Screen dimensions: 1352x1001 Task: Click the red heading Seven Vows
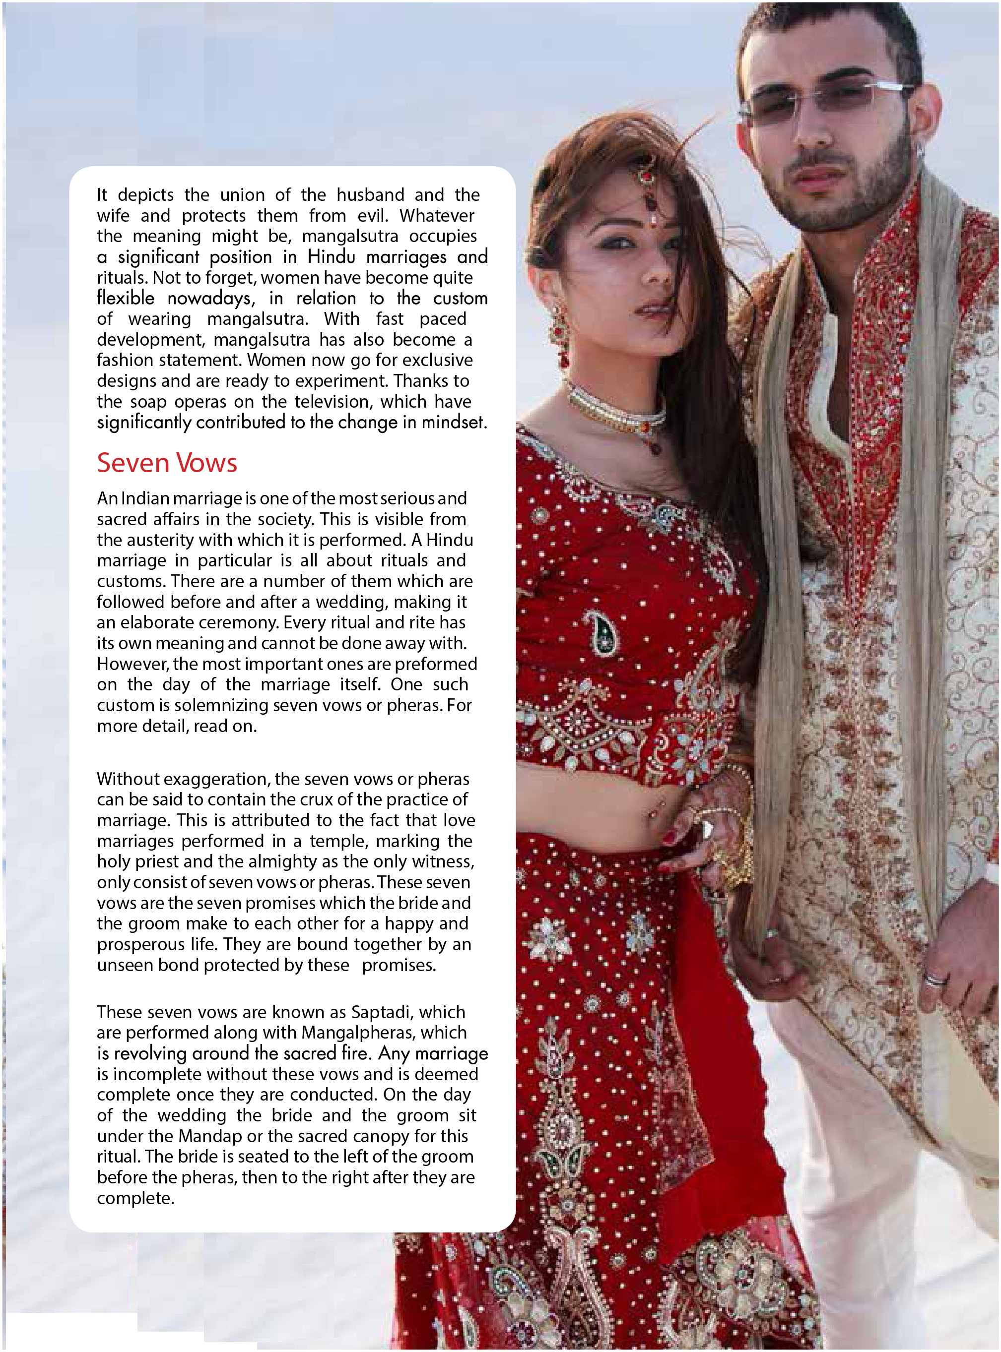point(167,463)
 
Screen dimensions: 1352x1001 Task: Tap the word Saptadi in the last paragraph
point(378,1012)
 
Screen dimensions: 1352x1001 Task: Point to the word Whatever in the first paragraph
point(436,216)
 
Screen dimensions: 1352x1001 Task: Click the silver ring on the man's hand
point(934,979)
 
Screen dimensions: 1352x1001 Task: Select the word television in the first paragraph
point(332,401)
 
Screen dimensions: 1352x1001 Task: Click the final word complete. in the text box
point(135,1198)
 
